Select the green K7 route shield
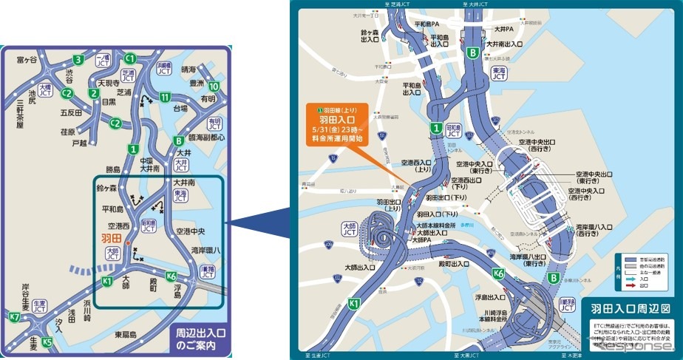pos(14,317)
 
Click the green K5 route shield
pos(48,342)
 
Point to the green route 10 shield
pos(214,85)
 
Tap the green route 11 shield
pos(166,98)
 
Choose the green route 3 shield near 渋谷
pos(78,60)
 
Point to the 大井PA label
pos(504,30)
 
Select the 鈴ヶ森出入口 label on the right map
pos(370,37)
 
